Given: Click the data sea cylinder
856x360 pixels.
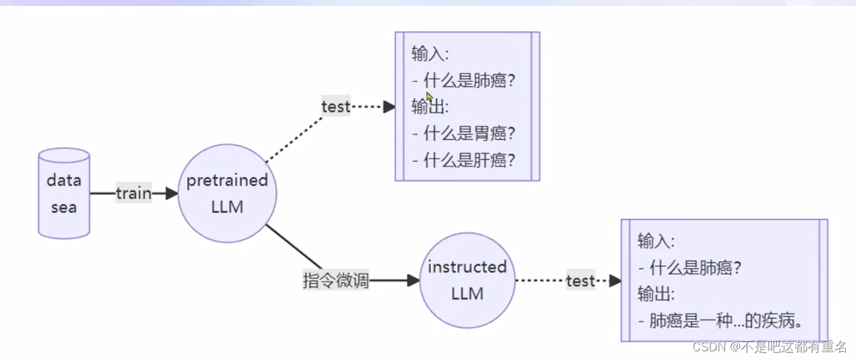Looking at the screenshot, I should point(64,193).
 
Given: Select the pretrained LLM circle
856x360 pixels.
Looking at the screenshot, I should point(227,194).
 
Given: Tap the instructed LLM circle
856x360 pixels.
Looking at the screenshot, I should point(467,280).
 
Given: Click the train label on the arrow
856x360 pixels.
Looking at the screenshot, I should point(133,194).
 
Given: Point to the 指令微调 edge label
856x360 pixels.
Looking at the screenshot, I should point(336,281).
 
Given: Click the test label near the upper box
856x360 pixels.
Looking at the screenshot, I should point(336,107).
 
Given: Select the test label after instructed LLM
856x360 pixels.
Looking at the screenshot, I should point(580,281).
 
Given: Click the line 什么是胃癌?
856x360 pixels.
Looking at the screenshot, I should point(469,133).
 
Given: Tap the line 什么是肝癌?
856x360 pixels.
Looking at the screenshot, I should point(469,160).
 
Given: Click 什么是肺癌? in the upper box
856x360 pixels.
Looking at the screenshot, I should point(469,80).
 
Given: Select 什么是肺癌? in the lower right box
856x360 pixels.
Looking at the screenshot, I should point(695,267).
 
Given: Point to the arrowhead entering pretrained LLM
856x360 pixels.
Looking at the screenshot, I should point(172,194).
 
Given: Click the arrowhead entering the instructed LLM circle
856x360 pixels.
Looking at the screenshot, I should point(414,281).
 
